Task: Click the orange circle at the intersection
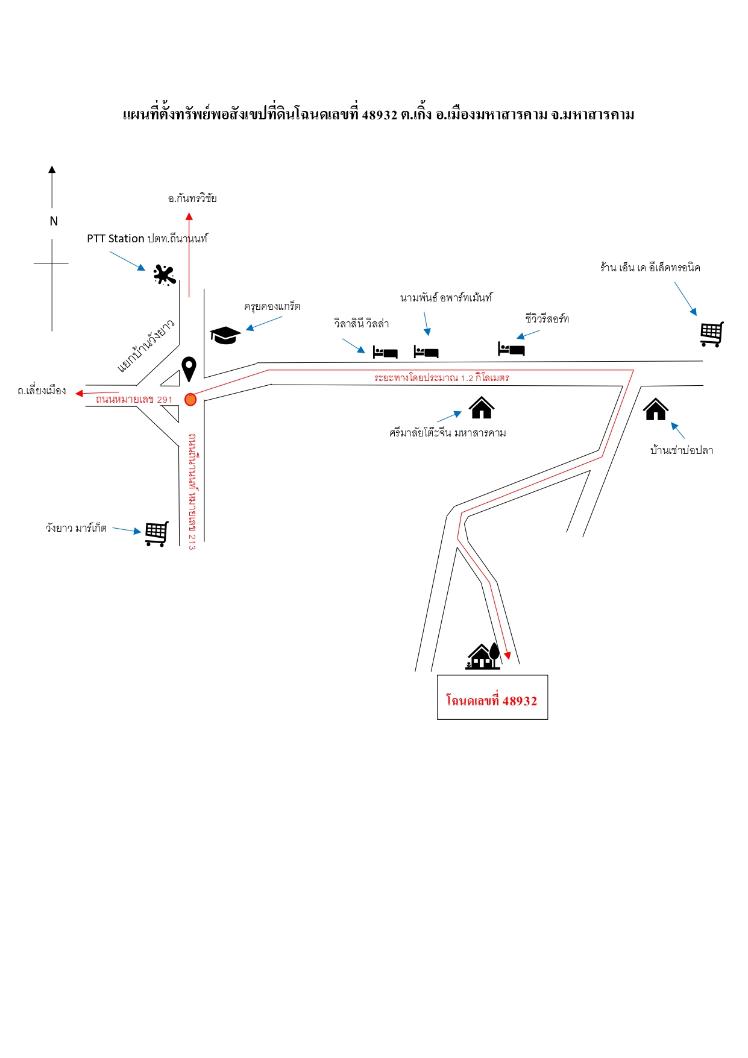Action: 190,399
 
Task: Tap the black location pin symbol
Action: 189,368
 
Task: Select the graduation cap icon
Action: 225,335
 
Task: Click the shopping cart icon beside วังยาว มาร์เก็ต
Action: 157,534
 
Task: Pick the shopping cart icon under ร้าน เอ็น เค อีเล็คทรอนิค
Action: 712,334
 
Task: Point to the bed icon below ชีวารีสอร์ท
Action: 511,348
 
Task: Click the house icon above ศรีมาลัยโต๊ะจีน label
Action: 482,408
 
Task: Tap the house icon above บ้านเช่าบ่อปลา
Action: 656,409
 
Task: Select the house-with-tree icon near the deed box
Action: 483,656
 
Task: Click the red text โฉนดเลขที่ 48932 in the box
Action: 491,701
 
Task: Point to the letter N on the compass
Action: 54,221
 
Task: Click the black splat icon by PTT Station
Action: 164,275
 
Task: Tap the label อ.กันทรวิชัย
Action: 192,198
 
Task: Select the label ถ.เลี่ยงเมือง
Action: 42,391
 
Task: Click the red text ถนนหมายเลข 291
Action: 134,399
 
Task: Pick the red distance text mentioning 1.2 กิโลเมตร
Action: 442,377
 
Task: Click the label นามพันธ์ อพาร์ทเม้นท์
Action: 446,297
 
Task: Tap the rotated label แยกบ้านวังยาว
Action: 146,345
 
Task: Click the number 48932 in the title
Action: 380,115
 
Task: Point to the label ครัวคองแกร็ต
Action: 272,306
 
